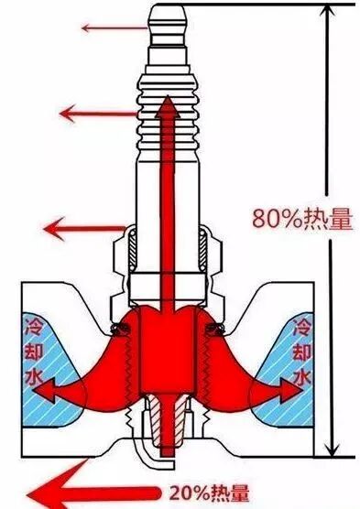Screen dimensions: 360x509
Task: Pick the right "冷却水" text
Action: tap(300, 352)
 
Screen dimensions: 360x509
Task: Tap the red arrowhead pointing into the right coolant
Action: tap(295, 390)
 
